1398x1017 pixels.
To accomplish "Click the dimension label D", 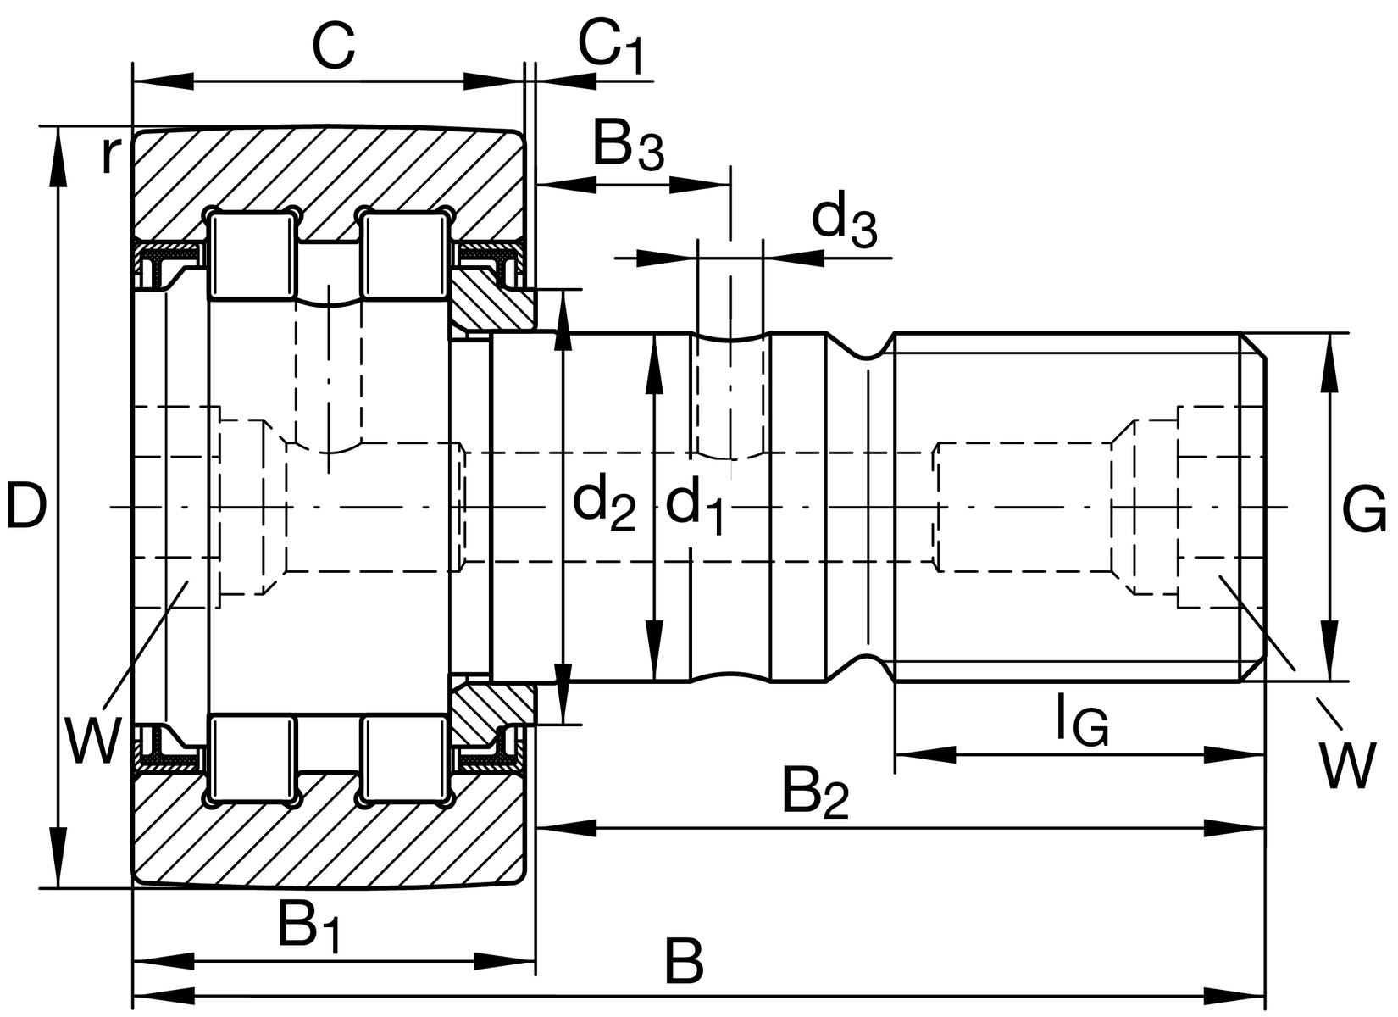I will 25,506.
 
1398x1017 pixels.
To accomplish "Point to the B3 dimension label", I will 628,146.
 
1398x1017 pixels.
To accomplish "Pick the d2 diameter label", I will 604,505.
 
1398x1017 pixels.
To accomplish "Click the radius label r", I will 108,155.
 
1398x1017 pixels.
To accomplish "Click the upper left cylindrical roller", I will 253,256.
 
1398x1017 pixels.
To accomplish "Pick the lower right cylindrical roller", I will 405,759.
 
